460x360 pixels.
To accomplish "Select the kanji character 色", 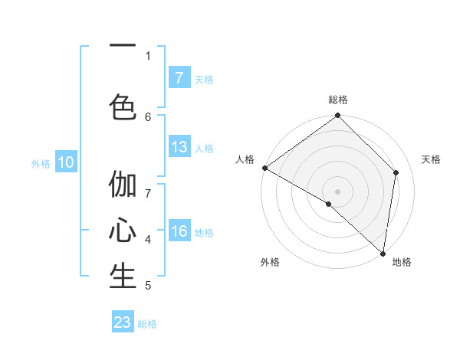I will click(123, 106).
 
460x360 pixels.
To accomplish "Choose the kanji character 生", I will click(123, 277).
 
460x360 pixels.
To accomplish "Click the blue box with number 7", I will click(179, 78).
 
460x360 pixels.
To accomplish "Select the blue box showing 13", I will click(179, 147).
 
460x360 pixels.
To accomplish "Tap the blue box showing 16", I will click(179, 232).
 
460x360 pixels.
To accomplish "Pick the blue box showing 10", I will click(65, 162).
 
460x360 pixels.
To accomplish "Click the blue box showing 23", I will click(123, 322).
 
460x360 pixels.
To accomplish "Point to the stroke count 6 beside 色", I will click(148, 116).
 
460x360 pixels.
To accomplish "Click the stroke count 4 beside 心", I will click(148, 240).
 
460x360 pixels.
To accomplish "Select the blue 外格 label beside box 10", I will click(41, 163).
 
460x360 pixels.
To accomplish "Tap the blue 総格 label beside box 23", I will click(148, 324).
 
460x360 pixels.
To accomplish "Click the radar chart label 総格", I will click(338, 100).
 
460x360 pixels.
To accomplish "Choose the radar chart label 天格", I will click(432, 159).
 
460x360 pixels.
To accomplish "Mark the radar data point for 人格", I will click(264, 168).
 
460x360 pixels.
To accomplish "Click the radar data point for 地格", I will click(383, 254).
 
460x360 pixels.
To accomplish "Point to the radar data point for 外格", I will click(329, 204).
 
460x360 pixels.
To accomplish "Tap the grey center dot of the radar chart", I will click(338, 191).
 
